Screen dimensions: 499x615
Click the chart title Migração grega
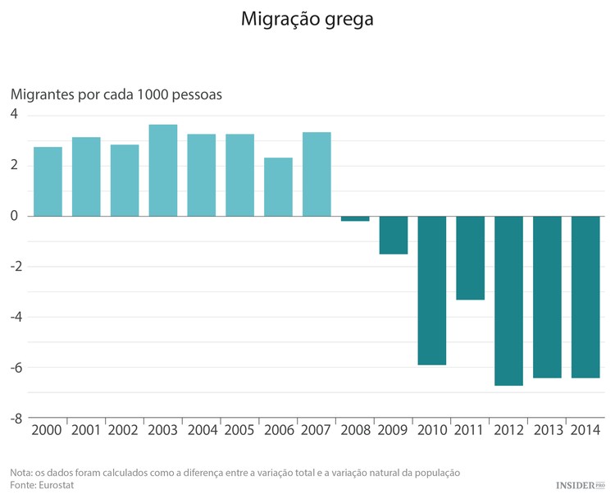(307, 19)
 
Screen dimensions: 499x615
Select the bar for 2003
(163, 171)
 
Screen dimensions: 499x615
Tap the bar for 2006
(278, 187)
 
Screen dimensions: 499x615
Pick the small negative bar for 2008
(355, 218)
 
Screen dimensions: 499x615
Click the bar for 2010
(432, 291)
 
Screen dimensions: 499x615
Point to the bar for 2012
(508, 300)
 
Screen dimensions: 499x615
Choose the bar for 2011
(470, 258)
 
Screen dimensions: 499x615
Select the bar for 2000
(48, 181)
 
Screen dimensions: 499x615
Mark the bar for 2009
(394, 235)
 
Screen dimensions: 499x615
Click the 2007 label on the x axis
(317, 429)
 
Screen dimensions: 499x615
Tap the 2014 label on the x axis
(585, 429)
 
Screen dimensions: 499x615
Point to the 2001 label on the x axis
(86, 429)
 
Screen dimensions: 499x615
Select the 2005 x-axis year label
(239, 429)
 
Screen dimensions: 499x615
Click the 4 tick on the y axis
(14, 115)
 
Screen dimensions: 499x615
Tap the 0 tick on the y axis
(14, 216)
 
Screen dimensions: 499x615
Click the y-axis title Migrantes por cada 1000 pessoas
(116, 94)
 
